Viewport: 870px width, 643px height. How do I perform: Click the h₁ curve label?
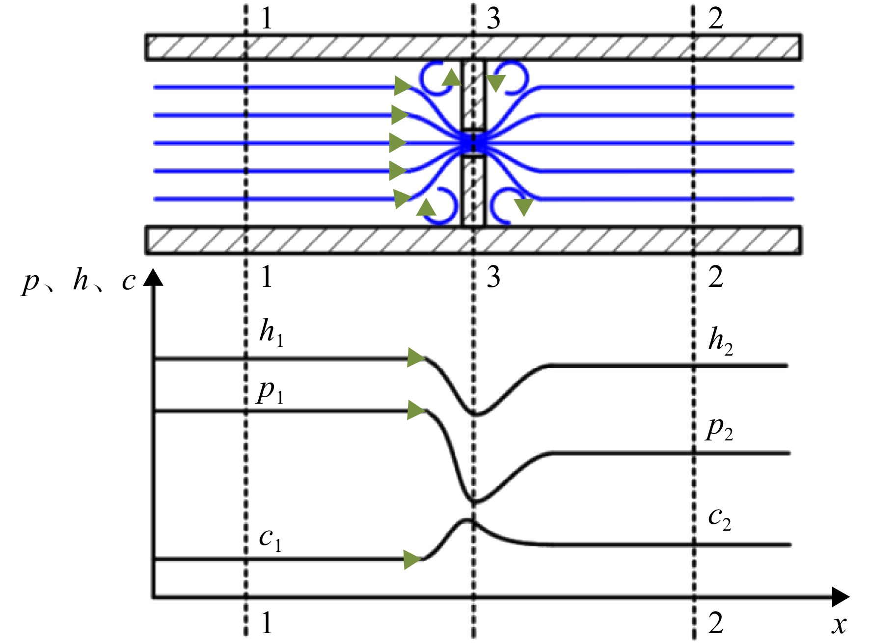point(272,333)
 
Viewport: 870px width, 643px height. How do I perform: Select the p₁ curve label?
point(271,393)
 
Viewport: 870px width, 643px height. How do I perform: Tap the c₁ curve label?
point(271,540)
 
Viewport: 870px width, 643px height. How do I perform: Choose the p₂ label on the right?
point(720,430)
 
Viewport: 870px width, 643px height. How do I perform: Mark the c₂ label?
point(720,519)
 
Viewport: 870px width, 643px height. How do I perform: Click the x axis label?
point(840,625)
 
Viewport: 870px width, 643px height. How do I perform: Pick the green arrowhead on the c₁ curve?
point(412,560)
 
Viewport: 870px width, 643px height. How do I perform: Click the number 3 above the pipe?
point(493,19)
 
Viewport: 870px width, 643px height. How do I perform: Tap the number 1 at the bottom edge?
point(267,623)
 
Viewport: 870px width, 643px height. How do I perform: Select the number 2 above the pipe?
point(716,19)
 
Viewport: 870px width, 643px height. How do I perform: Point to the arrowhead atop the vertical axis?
point(153,277)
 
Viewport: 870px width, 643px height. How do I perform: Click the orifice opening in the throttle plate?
point(473,143)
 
